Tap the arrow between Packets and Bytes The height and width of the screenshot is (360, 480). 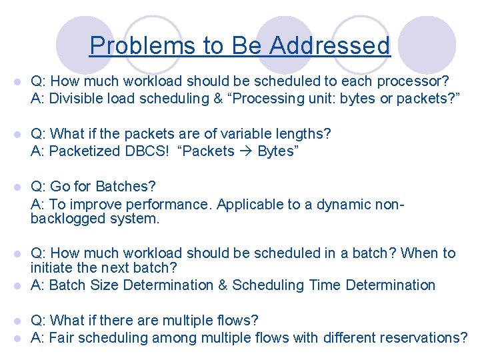point(246,151)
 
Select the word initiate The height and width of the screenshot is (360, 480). point(52,268)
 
